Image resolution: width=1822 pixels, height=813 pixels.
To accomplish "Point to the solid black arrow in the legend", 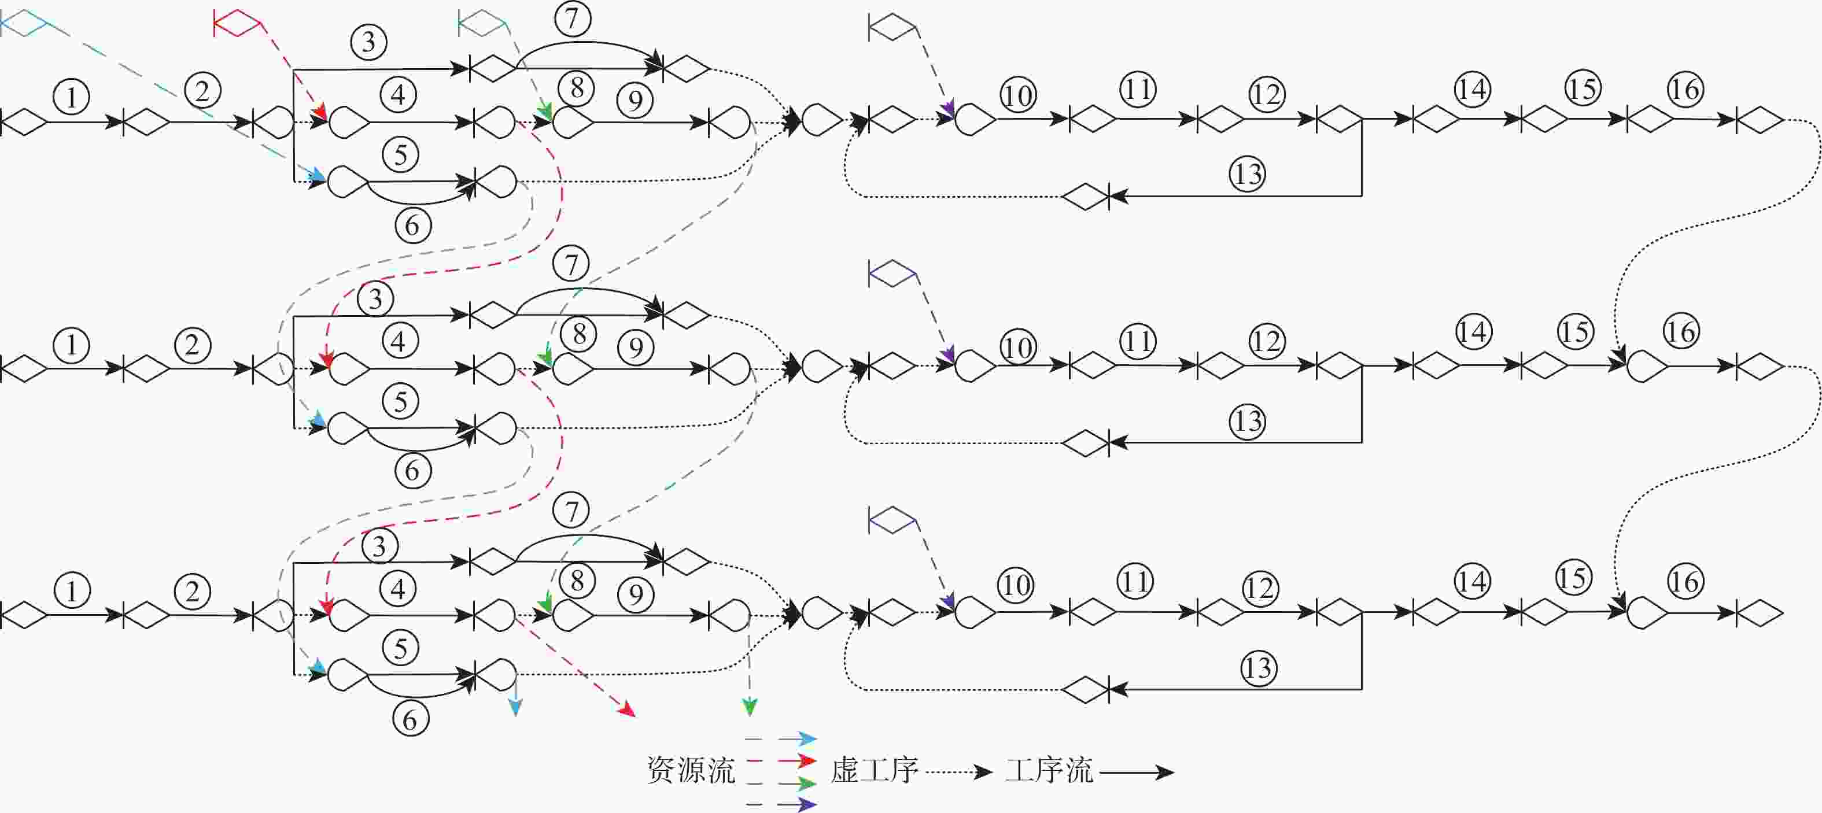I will coord(1137,773).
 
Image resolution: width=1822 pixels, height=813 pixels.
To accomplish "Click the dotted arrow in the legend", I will coord(958,772).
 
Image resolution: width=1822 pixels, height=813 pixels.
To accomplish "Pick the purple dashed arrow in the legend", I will coord(781,804).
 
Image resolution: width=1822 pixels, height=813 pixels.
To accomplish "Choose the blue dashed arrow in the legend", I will coord(781,740).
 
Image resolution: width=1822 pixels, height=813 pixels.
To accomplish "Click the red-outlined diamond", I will coord(238,23).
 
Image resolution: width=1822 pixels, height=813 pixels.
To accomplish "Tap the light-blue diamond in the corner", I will coord(24,23).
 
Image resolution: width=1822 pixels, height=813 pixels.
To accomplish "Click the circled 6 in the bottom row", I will coord(411,720).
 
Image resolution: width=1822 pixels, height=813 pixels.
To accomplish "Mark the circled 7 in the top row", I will coord(572,19).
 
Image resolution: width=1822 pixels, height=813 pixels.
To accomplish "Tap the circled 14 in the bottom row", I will coord(1472,582).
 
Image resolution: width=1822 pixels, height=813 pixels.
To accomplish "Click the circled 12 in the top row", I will coord(1266,94).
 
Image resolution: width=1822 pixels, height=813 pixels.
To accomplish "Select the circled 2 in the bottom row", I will coord(193,592).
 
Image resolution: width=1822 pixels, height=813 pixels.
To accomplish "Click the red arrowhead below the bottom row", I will coord(626,709).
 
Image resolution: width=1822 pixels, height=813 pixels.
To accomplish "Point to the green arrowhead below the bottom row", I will coord(749,706).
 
